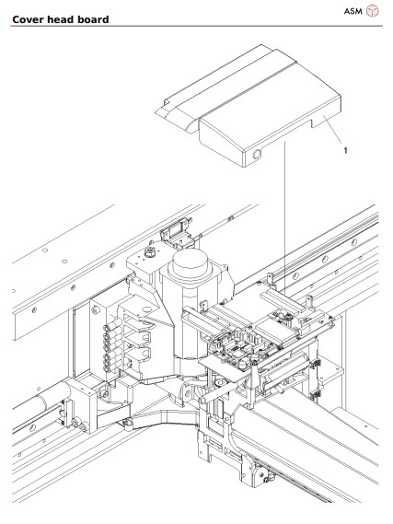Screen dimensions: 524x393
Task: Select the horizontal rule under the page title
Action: click(196, 27)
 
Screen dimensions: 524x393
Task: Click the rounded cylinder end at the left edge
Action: click(18, 405)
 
